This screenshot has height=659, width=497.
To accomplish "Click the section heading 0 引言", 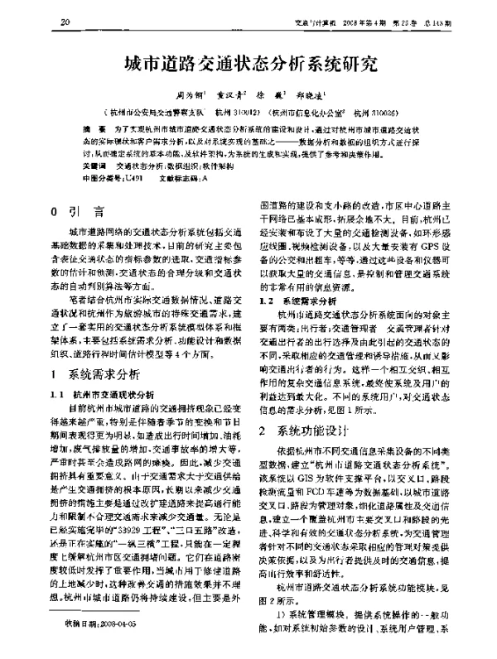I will point(77,211).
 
